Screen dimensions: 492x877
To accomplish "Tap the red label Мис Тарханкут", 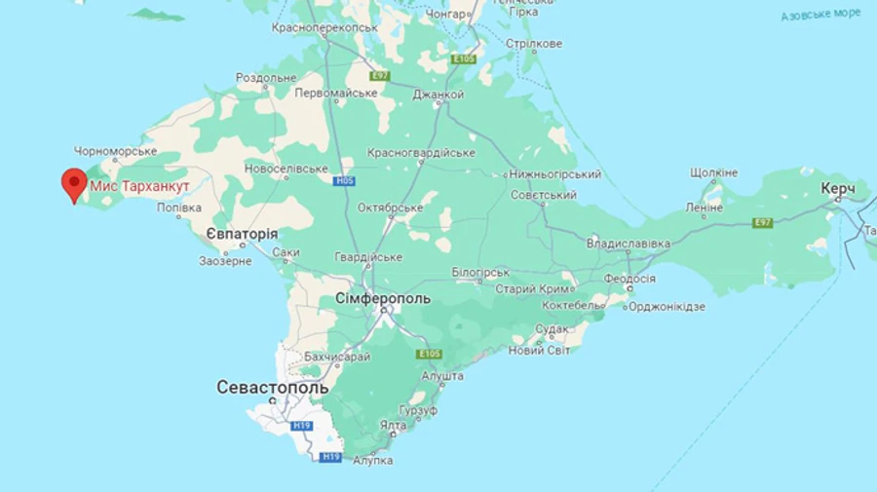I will (x=139, y=185).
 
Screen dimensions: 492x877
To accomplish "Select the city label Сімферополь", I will (x=382, y=298).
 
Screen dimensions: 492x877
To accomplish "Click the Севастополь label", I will (x=272, y=388).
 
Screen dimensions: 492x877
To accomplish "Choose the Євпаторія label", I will (x=242, y=234).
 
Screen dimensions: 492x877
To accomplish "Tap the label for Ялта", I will (x=393, y=425).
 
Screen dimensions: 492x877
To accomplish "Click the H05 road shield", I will (x=344, y=181).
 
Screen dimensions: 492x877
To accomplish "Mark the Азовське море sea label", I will (x=820, y=15).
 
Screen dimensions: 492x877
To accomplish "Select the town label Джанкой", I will (x=438, y=95).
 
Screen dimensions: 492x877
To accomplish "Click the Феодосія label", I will (x=629, y=279).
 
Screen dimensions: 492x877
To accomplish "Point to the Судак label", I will (x=552, y=329).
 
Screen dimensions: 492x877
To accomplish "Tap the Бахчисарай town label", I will (x=337, y=358).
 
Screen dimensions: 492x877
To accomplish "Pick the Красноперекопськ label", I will (x=324, y=28).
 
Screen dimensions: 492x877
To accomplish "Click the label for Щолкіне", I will (x=713, y=172).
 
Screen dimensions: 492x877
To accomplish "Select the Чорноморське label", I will (x=116, y=151).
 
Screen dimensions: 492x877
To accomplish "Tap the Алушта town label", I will (x=441, y=375).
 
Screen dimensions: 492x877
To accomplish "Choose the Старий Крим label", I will (x=529, y=289).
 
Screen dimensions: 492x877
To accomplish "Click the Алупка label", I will (x=372, y=459).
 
